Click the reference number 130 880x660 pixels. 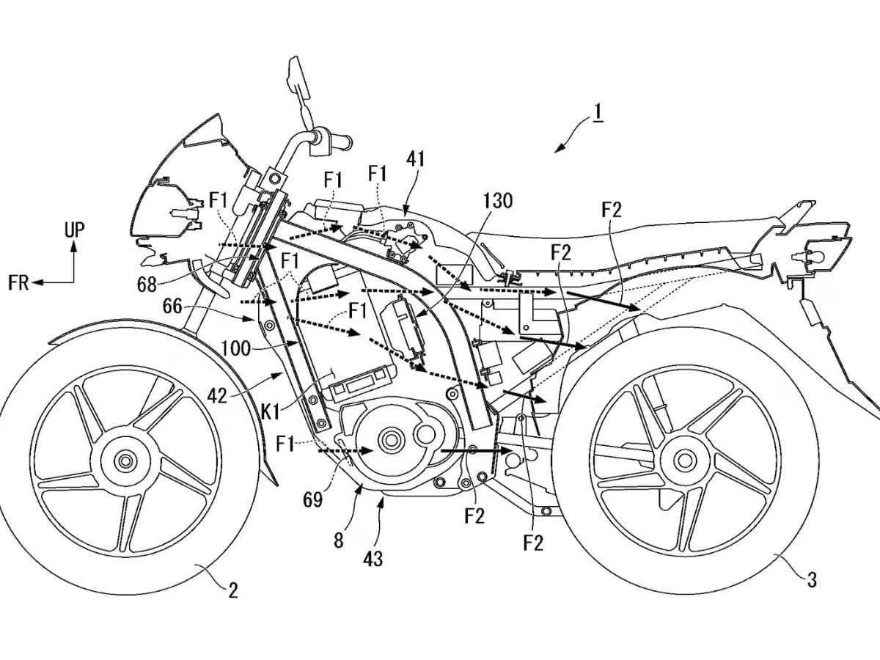coord(498,200)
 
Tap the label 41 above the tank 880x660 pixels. coord(414,158)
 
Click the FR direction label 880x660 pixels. coord(19,283)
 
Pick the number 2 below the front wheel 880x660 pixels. coord(232,590)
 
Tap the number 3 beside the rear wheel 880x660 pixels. coord(811,579)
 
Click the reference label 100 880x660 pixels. coord(235,348)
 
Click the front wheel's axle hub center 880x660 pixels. coord(125,461)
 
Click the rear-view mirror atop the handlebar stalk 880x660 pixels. coord(293,73)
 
